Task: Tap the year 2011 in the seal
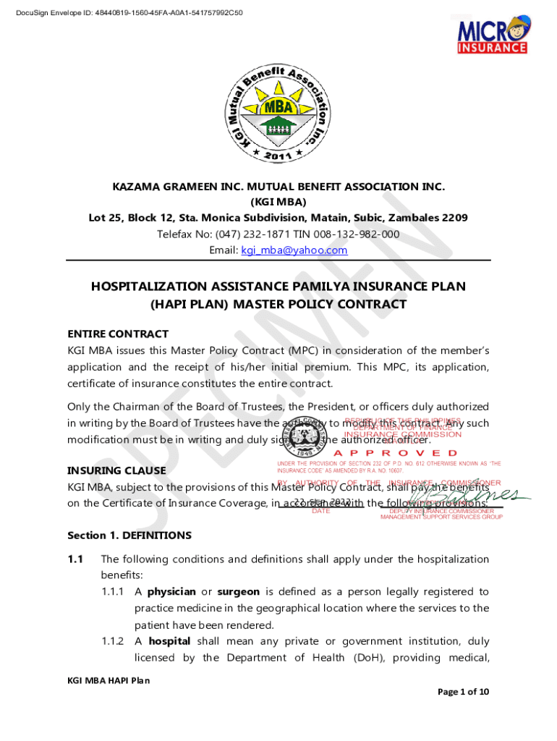pyautogui.click(x=278, y=155)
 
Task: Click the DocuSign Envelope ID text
pyautogui.click(x=129, y=13)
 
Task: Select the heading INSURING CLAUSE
pyautogui.click(x=116, y=470)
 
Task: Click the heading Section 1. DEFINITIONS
pyautogui.click(x=129, y=535)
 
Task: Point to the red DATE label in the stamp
pyautogui.click(x=320, y=511)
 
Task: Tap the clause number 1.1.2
pyautogui.click(x=116, y=641)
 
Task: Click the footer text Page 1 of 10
pyautogui.click(x=464, y=712)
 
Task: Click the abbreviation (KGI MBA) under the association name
pyautogui.click(x=278, y=202)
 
